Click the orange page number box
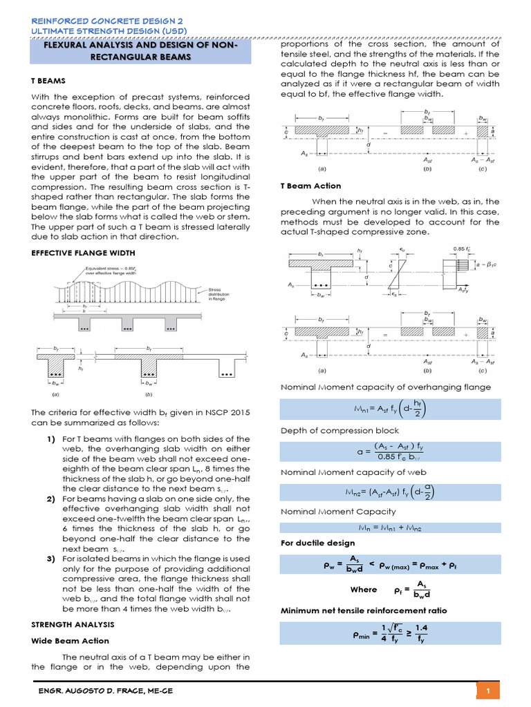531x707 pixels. (488, 691)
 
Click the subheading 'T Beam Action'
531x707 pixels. (310, 186)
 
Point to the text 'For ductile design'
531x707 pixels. (315, 543)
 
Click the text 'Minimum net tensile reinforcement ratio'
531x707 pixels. (364, 610)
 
